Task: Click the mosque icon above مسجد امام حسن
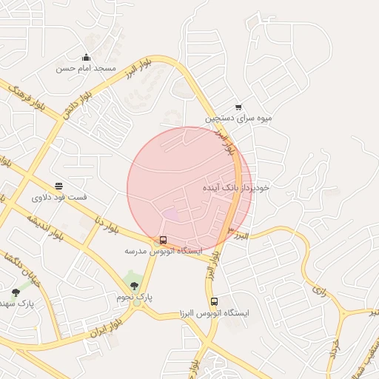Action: point(86,58)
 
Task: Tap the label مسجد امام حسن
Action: point(86,68)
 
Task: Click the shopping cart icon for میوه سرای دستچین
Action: point(238,107)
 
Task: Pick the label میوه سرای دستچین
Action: point(239,118)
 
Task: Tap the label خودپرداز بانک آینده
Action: point(236,188)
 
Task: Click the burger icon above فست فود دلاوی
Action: point(58,187)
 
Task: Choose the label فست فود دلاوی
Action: point(59,198)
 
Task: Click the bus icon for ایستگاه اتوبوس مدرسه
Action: point(163,241)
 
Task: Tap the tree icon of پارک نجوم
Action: point(134,286)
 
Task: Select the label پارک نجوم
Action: point(134,296)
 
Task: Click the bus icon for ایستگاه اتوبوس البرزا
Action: point(214,302)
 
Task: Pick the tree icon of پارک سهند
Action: point(16,293)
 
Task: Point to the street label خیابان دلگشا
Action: point(21,271)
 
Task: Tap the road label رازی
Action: point(319,289)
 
